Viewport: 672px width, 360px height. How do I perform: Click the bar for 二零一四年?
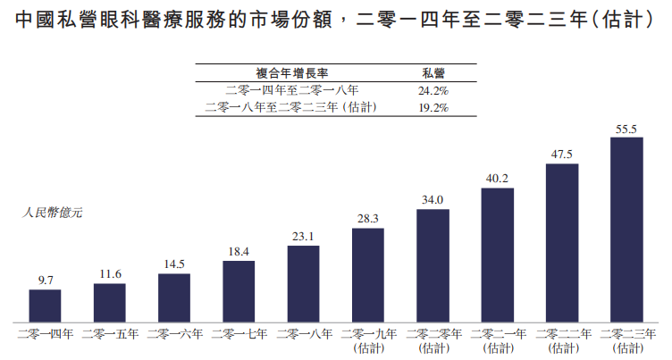pos(45,306)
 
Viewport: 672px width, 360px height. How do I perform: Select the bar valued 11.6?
pos(109,303)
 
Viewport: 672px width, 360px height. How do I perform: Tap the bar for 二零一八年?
pos(303,283)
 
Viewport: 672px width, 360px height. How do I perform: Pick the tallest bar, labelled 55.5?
pos(626,230)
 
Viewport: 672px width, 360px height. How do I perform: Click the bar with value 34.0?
pos(433,265)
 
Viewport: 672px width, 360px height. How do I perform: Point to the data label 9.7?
pos(45,280)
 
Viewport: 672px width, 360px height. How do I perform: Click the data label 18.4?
pos(239,253)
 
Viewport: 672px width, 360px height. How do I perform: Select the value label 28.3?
pos(368,219)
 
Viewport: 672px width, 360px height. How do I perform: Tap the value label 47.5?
pos(561,154)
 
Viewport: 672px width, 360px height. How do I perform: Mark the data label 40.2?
pos(497,178)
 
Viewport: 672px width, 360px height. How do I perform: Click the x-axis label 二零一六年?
pos(174,334)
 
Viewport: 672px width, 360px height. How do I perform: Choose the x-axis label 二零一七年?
pos(239,334)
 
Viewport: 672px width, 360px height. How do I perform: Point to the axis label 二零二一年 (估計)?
pos(497,340)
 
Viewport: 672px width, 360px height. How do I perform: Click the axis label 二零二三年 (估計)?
pos(626,340)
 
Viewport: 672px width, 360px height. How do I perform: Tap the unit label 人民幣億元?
pos(52,213)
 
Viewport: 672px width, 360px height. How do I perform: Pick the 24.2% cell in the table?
pos(433,90)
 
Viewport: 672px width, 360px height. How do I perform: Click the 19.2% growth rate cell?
pos(433,107)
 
